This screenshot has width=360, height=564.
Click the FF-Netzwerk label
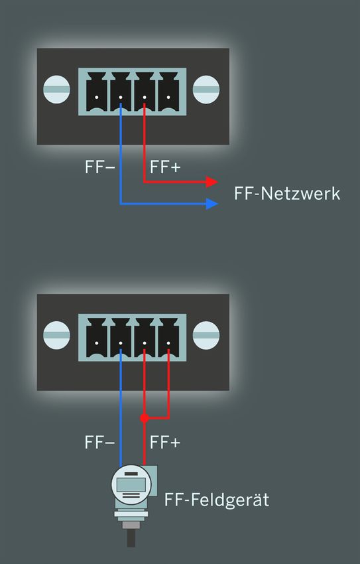286,194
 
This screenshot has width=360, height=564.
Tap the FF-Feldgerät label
217,500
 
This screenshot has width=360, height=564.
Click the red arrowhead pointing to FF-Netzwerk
211,182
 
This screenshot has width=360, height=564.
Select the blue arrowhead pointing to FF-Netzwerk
211,204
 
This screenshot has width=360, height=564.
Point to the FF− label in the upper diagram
100,167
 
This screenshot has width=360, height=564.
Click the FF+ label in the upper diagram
165,167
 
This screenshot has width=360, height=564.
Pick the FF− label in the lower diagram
100,443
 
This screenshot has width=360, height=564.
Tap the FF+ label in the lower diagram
165,443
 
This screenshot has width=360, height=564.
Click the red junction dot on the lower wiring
144,418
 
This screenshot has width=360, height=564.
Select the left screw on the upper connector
57,90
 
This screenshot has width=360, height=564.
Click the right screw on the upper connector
206,90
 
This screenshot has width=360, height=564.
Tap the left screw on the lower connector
57,335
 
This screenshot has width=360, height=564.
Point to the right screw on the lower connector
206,335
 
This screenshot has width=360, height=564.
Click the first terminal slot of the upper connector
97,92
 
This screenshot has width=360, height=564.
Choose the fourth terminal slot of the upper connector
168,92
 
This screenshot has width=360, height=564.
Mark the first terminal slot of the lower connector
97,338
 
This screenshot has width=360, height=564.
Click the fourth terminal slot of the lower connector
168,338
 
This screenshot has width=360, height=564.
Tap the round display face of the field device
131,484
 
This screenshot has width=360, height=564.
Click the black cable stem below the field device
131,538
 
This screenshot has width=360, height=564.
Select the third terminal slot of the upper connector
145,92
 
